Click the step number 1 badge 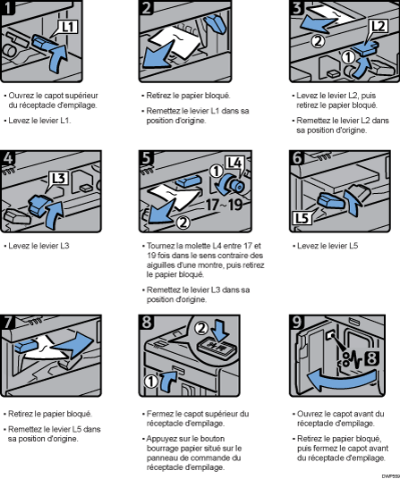pyautogui.click(x=11, y=9)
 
